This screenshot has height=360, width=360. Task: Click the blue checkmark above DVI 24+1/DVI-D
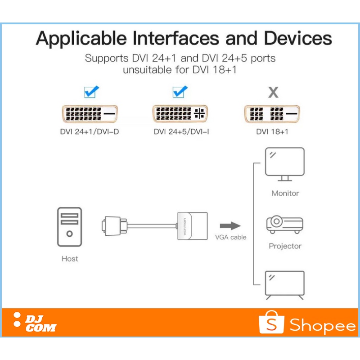coord(91,92)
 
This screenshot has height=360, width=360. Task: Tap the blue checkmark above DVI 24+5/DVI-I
coord(180,92)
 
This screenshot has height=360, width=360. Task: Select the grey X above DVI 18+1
coord(273,93)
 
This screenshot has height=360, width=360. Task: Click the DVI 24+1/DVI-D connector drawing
coord(89,115)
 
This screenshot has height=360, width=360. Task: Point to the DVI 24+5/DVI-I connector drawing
coord(180,114)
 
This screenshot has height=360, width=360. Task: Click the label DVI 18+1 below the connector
coord(272,132)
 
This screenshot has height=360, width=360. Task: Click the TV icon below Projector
coord(284,284)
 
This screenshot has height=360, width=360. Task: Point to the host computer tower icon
coord(69,228)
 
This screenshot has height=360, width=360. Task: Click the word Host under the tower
coord(69,259)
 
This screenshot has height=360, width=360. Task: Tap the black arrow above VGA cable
coord(230,225)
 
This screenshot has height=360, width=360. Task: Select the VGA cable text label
coord(231,237)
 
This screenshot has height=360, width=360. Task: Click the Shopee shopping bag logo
coord(271,322)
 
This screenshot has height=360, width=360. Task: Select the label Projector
coord(285,246)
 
